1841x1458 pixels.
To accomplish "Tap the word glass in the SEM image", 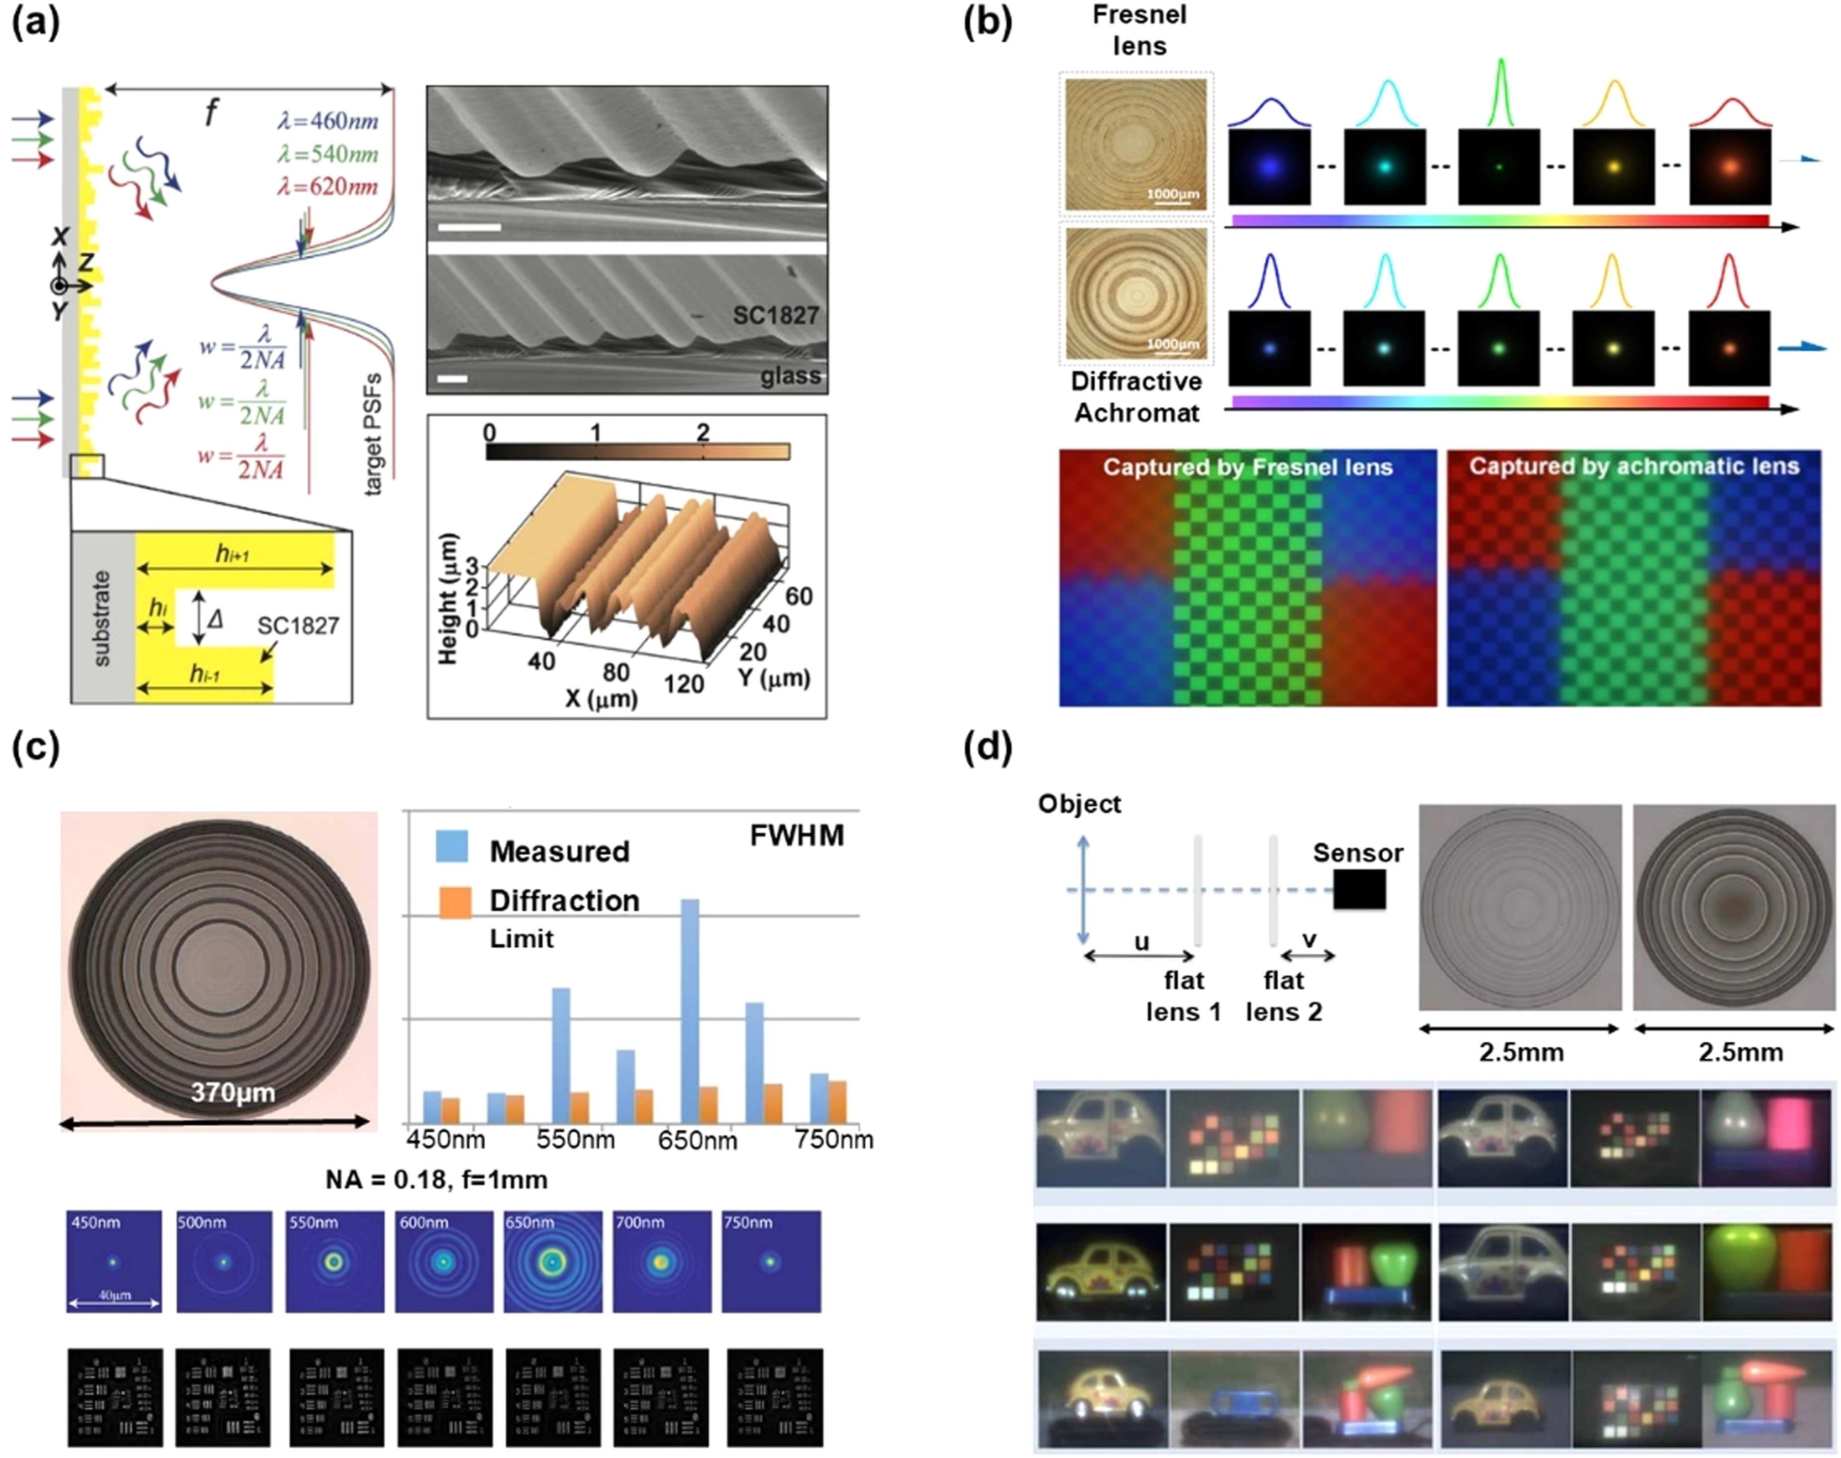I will pyautogui.click(x=790, y=375).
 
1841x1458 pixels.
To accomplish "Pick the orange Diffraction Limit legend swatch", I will pyautogui.click(x=454, y=902).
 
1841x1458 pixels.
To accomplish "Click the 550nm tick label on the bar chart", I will pyautogui.click(x=575, y=1140).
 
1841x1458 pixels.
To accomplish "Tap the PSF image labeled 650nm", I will pyautogui.click(x=552, y=1261).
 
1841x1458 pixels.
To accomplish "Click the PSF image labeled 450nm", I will pyautogui.click(x=113, y=1261).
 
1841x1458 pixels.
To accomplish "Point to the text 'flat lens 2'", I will pyautogui.click(x=1283, y=996).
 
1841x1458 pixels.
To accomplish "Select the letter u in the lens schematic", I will pyautogui.click(x=1141, y=941).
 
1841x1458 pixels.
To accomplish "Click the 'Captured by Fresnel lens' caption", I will pyautogui.click(x=1247, y=467).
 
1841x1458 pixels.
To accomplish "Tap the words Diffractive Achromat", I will pyautogui.click(x=1136, y=397).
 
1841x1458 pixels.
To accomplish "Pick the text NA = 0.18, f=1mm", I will pyautogui.click(x=436, y=1180).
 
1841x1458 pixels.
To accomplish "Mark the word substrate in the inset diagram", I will pyautogui.click(x=102, y=618).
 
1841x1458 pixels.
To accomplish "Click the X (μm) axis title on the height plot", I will pyautogui.click(x=601, y=698).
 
